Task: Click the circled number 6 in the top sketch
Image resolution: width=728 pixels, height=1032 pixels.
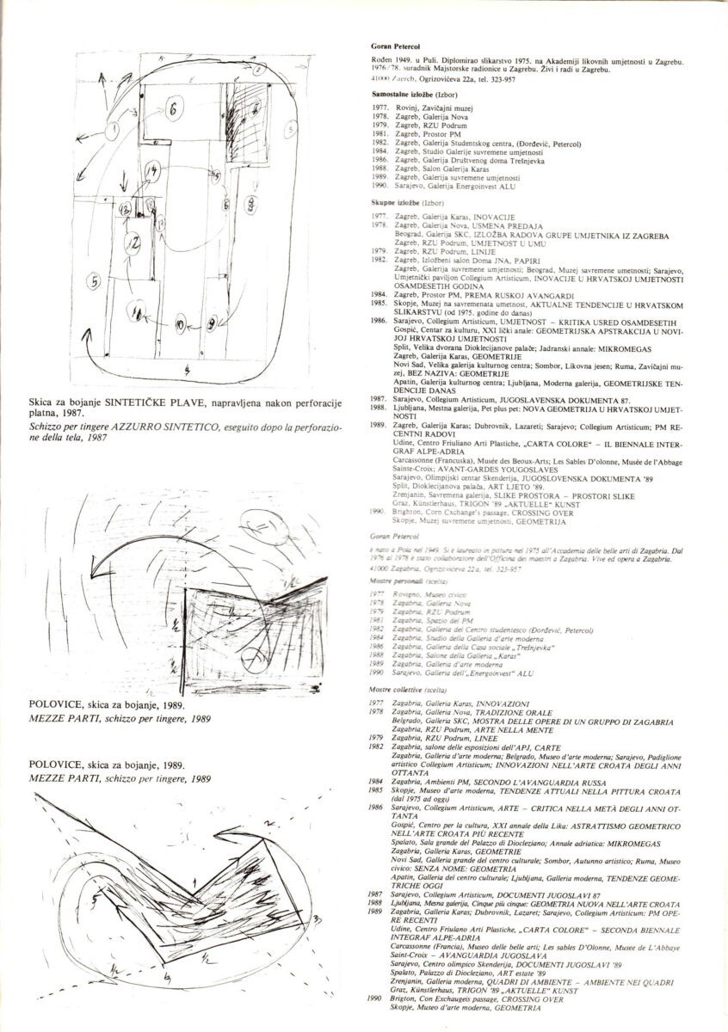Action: [x=172, y=109]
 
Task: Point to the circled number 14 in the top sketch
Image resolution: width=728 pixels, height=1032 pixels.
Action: [x=152, y=172]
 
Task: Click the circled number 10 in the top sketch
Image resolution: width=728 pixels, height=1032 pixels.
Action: [x=179, y=326]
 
